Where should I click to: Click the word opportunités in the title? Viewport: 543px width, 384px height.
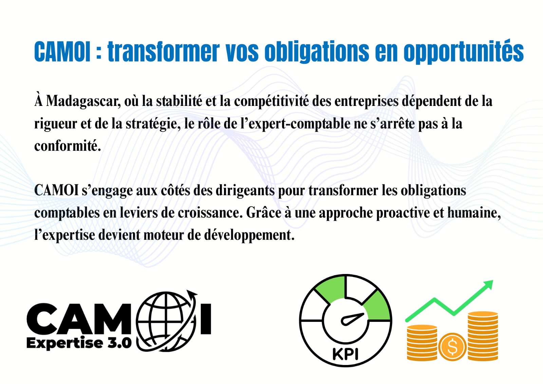point(463,52)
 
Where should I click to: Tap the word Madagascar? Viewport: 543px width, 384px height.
point(83,101)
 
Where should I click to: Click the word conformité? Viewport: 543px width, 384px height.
point(67,146)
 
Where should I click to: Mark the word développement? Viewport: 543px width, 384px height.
point(249,235)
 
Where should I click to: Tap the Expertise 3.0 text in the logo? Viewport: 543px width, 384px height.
point(79,343)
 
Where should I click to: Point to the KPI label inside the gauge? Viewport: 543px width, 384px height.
point(345,354)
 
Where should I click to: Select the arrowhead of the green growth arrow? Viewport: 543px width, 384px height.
point(489,284)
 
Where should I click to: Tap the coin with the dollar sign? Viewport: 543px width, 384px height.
point(452,347)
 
